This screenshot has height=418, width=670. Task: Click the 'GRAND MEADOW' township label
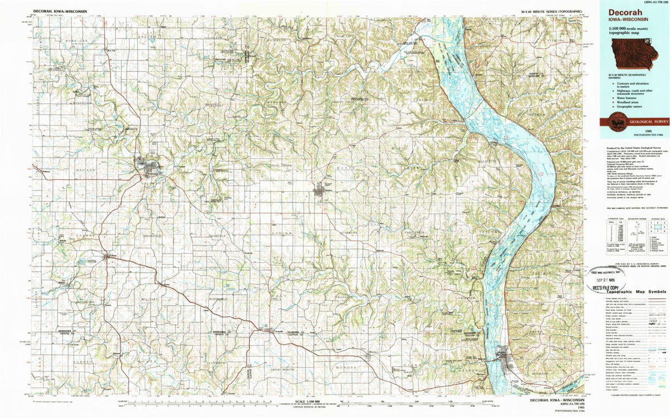(x=282, y=369)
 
